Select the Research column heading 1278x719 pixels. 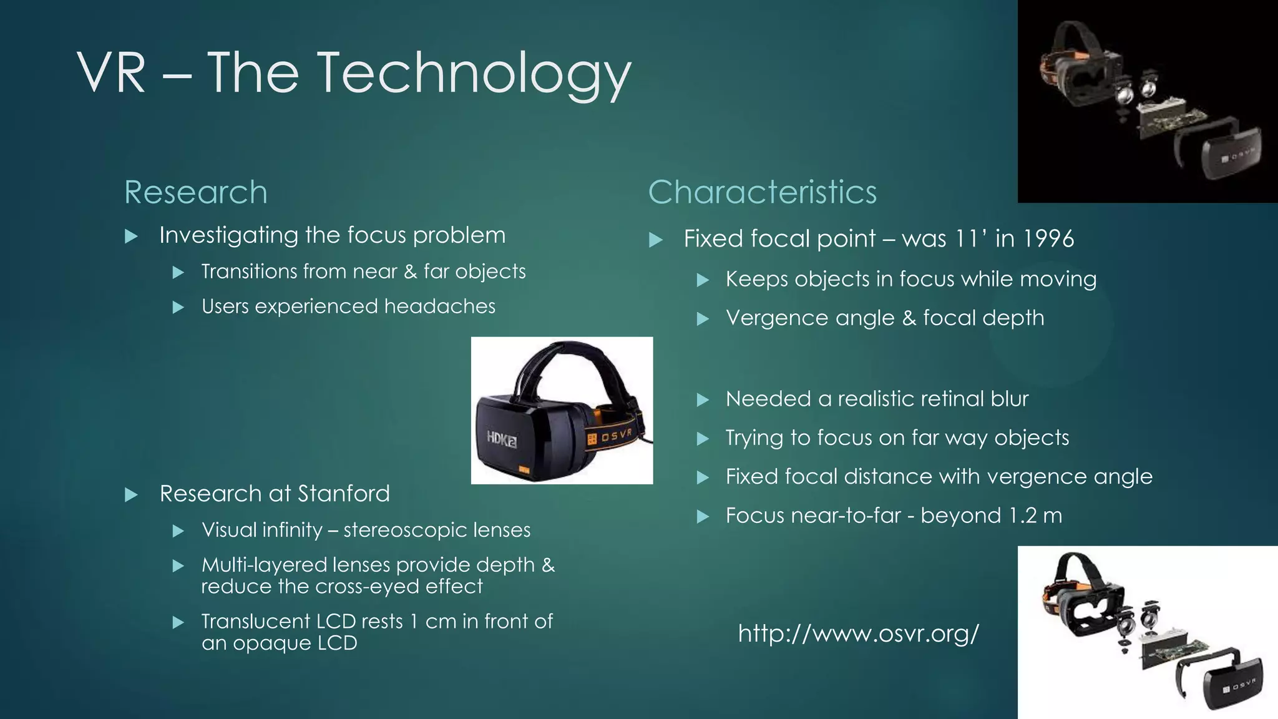point(195,192)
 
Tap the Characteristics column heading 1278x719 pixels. point(762,192)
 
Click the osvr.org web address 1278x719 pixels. point(858,633)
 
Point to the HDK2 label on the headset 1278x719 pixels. point(502,439)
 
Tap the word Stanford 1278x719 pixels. point(343,494)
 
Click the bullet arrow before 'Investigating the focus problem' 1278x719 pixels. point(131,237)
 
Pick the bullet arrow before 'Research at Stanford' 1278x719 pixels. point(131,496)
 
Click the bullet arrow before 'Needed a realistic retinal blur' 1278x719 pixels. point(703,400)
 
